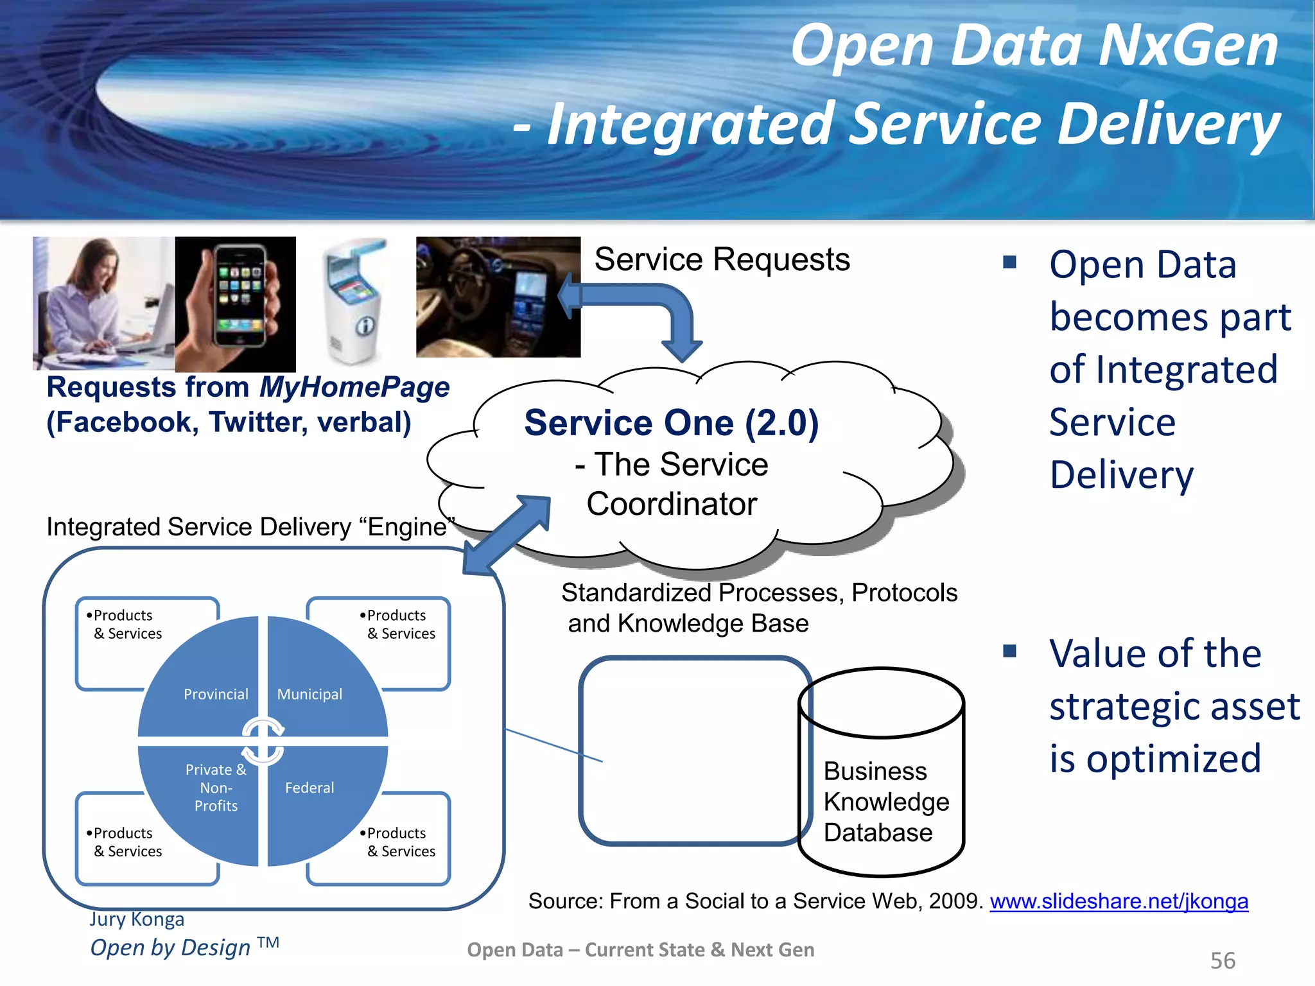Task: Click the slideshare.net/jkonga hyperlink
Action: point(1119,901)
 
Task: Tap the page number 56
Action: point(1223,961)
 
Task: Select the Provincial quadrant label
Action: point(216,694)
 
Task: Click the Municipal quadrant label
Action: point(309,694)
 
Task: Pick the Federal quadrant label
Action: point(309,788)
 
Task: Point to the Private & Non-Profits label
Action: point(216,788)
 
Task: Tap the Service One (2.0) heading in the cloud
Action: point(671,423)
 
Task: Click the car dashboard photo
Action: point(498,297)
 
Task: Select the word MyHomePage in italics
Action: point(354,387)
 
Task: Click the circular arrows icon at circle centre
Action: point(263,742)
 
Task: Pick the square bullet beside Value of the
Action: point(1010,652)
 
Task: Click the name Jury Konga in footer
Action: point(137,919)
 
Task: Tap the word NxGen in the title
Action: point(1188,46)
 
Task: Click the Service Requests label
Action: point(722,260)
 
